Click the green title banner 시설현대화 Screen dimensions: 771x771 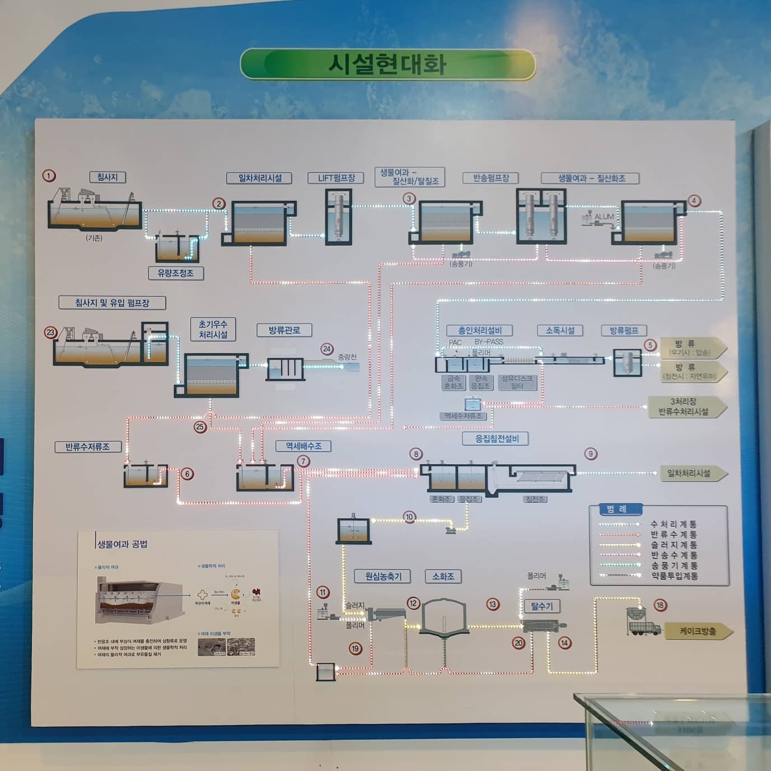tap(387, 64)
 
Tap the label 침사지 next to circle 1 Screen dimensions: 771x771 tap(108, 177)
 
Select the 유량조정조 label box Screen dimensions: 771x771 tap(175, 273)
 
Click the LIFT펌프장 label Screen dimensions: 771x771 tap(337, 178)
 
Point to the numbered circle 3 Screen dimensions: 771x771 tap(409, 199)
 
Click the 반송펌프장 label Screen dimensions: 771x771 tap(491, 178)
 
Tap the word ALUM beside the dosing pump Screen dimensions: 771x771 tap(604, 217)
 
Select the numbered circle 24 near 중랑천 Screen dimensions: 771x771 tap(327, 349)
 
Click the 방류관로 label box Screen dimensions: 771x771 tap(284, 330)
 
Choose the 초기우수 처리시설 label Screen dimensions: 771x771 tap(213, 329)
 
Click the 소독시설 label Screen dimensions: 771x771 tap(560, 330)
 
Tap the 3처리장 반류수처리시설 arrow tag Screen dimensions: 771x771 tap(684, 406)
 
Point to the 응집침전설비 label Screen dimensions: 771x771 tap(497, 438)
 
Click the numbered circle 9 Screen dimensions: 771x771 tap(590, 454)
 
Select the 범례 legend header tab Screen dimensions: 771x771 tap(616, 509)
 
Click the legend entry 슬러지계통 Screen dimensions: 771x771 tap(674, 545)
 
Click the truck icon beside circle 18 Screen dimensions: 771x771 tap(643, 623)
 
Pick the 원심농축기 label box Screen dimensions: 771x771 tap(383, 576)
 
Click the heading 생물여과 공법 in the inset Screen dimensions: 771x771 tap(123, 544)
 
